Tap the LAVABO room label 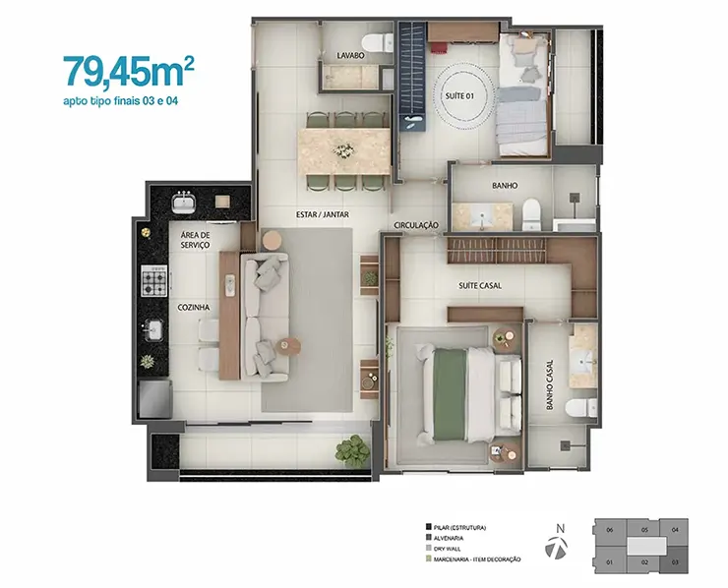(350, 56)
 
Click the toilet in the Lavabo (378, 43)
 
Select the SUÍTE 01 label (459, 96)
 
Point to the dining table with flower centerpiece (344, 151)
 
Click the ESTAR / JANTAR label (323, 215)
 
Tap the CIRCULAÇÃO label (416, 225)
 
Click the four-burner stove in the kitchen (153, 281)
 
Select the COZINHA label (193, 307)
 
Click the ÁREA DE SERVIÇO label (195, 240)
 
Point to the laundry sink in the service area (183, 203)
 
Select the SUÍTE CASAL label (480, 286)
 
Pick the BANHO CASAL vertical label (550, 384)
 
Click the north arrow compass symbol (556, 547)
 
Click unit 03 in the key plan (675, 560)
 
